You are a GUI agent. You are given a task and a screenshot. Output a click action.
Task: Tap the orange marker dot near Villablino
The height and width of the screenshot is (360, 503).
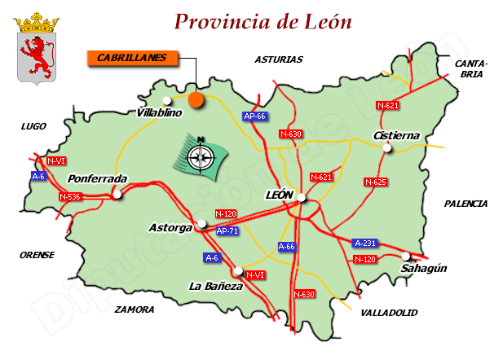point(196,99)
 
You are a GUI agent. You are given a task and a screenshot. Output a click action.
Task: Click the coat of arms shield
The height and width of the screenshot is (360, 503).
point(35,50)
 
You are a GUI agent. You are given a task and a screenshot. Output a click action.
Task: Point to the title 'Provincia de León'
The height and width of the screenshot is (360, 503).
point(263,22)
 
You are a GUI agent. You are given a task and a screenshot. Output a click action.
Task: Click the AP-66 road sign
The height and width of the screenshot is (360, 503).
point(255,116)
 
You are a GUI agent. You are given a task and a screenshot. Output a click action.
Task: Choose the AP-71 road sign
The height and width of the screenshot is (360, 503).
point(227,230)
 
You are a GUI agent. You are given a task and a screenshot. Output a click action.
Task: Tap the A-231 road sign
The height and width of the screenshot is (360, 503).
point(365,243)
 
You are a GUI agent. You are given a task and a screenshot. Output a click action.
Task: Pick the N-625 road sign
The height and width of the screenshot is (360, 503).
point(376,182)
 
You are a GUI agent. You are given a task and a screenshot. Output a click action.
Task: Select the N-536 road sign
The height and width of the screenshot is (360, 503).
point(70,196)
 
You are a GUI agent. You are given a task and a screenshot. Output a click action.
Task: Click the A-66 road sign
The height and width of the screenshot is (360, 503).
point(287,246)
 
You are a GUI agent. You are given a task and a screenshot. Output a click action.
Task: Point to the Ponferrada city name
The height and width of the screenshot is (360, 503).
point(97,178)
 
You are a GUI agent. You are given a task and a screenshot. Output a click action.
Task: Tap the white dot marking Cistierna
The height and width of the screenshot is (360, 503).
point(388,148)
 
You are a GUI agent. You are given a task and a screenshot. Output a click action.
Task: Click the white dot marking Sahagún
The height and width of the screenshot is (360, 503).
point(406,256)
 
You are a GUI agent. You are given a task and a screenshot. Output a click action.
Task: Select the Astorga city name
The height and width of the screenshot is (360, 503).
point(170,228)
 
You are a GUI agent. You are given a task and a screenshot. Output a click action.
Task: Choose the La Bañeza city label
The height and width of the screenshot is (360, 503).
point(215,286)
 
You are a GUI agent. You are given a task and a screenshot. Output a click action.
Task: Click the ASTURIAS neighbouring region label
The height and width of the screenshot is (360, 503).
point(278,59)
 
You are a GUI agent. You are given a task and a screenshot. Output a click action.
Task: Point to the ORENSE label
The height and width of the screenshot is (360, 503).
point(37,255)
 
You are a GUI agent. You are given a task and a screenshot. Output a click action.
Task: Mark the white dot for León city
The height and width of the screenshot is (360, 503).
point(302,197)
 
